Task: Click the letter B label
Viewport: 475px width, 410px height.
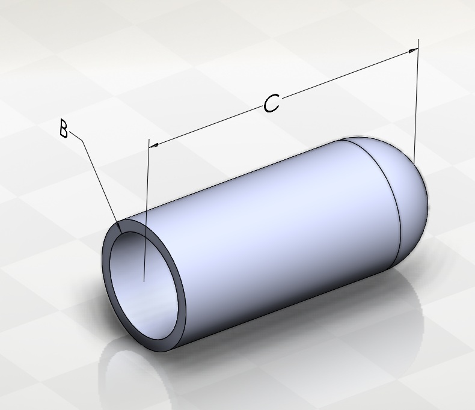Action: coord(64,129)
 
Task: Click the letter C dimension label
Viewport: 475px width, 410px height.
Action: coord(271,103)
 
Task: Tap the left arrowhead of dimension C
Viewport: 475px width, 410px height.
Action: coord(154,145)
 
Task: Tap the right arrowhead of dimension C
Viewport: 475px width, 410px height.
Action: coord(413,50)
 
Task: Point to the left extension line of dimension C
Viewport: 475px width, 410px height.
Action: coord(146,210)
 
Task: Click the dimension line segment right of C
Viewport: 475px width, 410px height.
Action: coord(350,73)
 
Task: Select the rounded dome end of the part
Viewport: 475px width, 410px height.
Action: coord(403,194)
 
